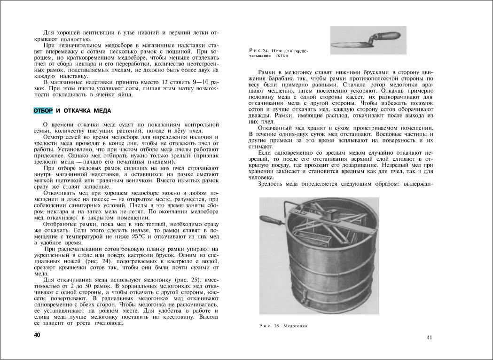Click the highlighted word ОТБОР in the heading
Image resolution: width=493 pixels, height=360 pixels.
click(43, 110)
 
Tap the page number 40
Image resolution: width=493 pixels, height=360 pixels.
click(37, 335)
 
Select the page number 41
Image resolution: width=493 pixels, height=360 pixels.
click(430, 337)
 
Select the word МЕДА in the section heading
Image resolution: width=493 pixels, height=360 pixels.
click(102, 110)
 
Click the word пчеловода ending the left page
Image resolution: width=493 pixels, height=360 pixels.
click(109, 323)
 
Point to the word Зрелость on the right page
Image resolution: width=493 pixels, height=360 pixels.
click(272, 183)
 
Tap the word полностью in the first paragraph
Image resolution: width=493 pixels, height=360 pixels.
click(74, 39)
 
